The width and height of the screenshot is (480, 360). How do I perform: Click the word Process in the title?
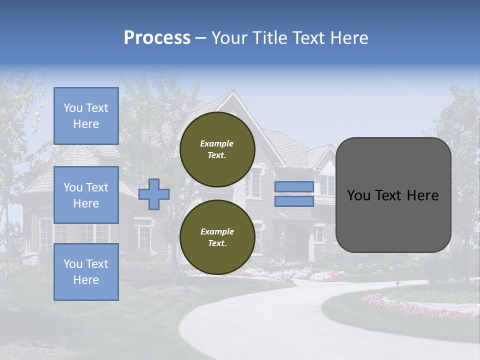[x=157, y=38]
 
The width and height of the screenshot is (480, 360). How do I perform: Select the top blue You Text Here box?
[x=86, y=116]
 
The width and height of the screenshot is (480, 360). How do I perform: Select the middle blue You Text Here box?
[x=86, y=195]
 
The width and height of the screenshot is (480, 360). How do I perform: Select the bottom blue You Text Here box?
[x=86, y=272]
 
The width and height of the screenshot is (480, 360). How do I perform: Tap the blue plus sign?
[x=154, y=194]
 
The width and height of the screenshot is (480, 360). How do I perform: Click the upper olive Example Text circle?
[x=217, y=149]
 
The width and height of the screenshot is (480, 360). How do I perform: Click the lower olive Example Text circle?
[x=217, y=237]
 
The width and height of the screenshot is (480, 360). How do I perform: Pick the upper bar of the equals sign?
[x=294, y=187]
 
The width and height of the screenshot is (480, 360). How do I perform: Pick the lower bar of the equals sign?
[x=294, y=201]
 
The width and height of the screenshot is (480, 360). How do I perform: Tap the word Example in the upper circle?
[x=216, y=143]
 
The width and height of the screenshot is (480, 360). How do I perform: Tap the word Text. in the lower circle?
[x=216, y=243]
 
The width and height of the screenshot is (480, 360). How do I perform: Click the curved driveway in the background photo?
[x=260, y=320]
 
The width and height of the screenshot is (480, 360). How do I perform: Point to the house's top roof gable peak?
[x=231, y=92]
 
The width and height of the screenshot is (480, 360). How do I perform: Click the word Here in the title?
[x=350, y=38]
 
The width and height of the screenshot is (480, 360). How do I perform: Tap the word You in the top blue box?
[x=72, y=108]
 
